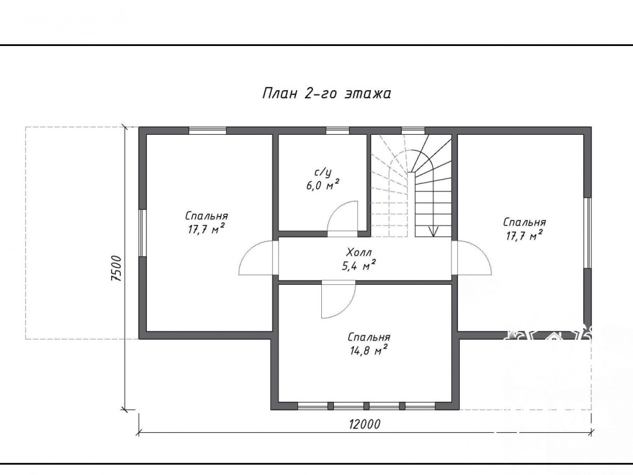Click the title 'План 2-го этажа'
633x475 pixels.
click(327, 93)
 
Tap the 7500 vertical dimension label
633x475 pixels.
click(116, 268)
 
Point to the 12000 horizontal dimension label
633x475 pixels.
click(365, 424)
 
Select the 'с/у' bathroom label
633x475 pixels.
click(322, 173)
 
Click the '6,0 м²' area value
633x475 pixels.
click(322, 185)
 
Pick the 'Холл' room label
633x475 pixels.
click(359, 253)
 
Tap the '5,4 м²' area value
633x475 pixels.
click(359, 265)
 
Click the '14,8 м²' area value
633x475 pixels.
click(368, 350)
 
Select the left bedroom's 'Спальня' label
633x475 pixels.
click(207, 216)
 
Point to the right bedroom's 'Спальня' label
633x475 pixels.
click(525, 222)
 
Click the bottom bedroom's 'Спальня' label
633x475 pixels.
click(368, 337)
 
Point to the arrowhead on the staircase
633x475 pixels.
click(433, 231)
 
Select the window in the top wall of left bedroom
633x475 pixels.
click(207, 130)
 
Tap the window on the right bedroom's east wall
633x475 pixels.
click(588, 232)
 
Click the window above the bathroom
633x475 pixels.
click(338, 130)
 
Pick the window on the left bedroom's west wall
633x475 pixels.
click(142, 232)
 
